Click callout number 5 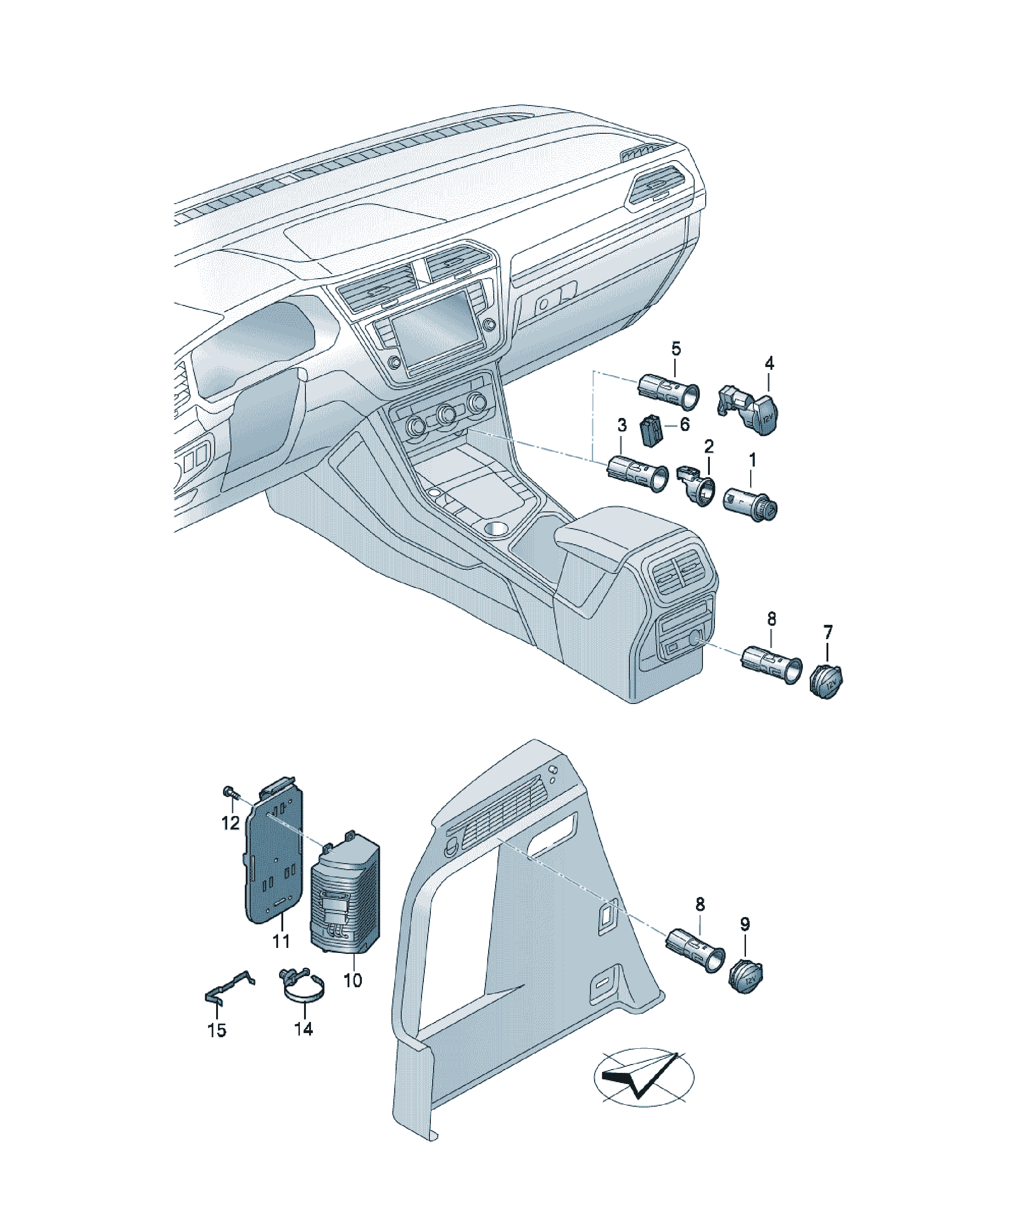point(676,349)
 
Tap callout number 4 point(770,363)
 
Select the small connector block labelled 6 point(651,431)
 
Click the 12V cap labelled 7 point(826,680)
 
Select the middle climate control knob point(447,414)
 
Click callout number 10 point(353,980)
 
